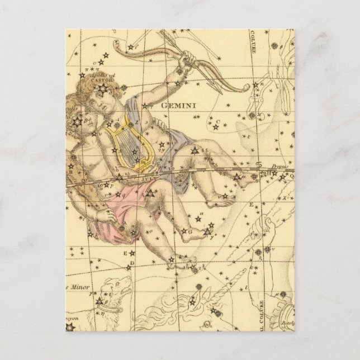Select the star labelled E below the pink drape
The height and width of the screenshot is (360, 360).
(x=126, y=252)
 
